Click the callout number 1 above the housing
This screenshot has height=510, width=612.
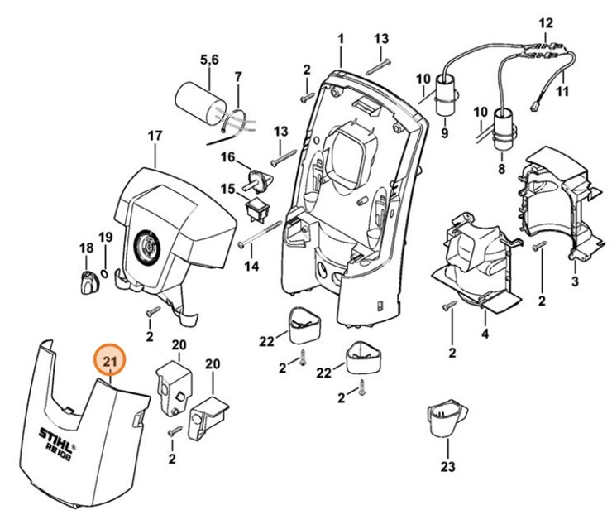click(341, 38)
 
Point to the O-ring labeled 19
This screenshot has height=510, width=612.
click(105, 271)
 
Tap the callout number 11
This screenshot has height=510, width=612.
click(562, 91)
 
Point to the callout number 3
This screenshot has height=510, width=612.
click(575, 282)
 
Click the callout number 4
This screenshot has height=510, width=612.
click(485, 334)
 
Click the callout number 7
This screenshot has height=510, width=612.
click(237, 77)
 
